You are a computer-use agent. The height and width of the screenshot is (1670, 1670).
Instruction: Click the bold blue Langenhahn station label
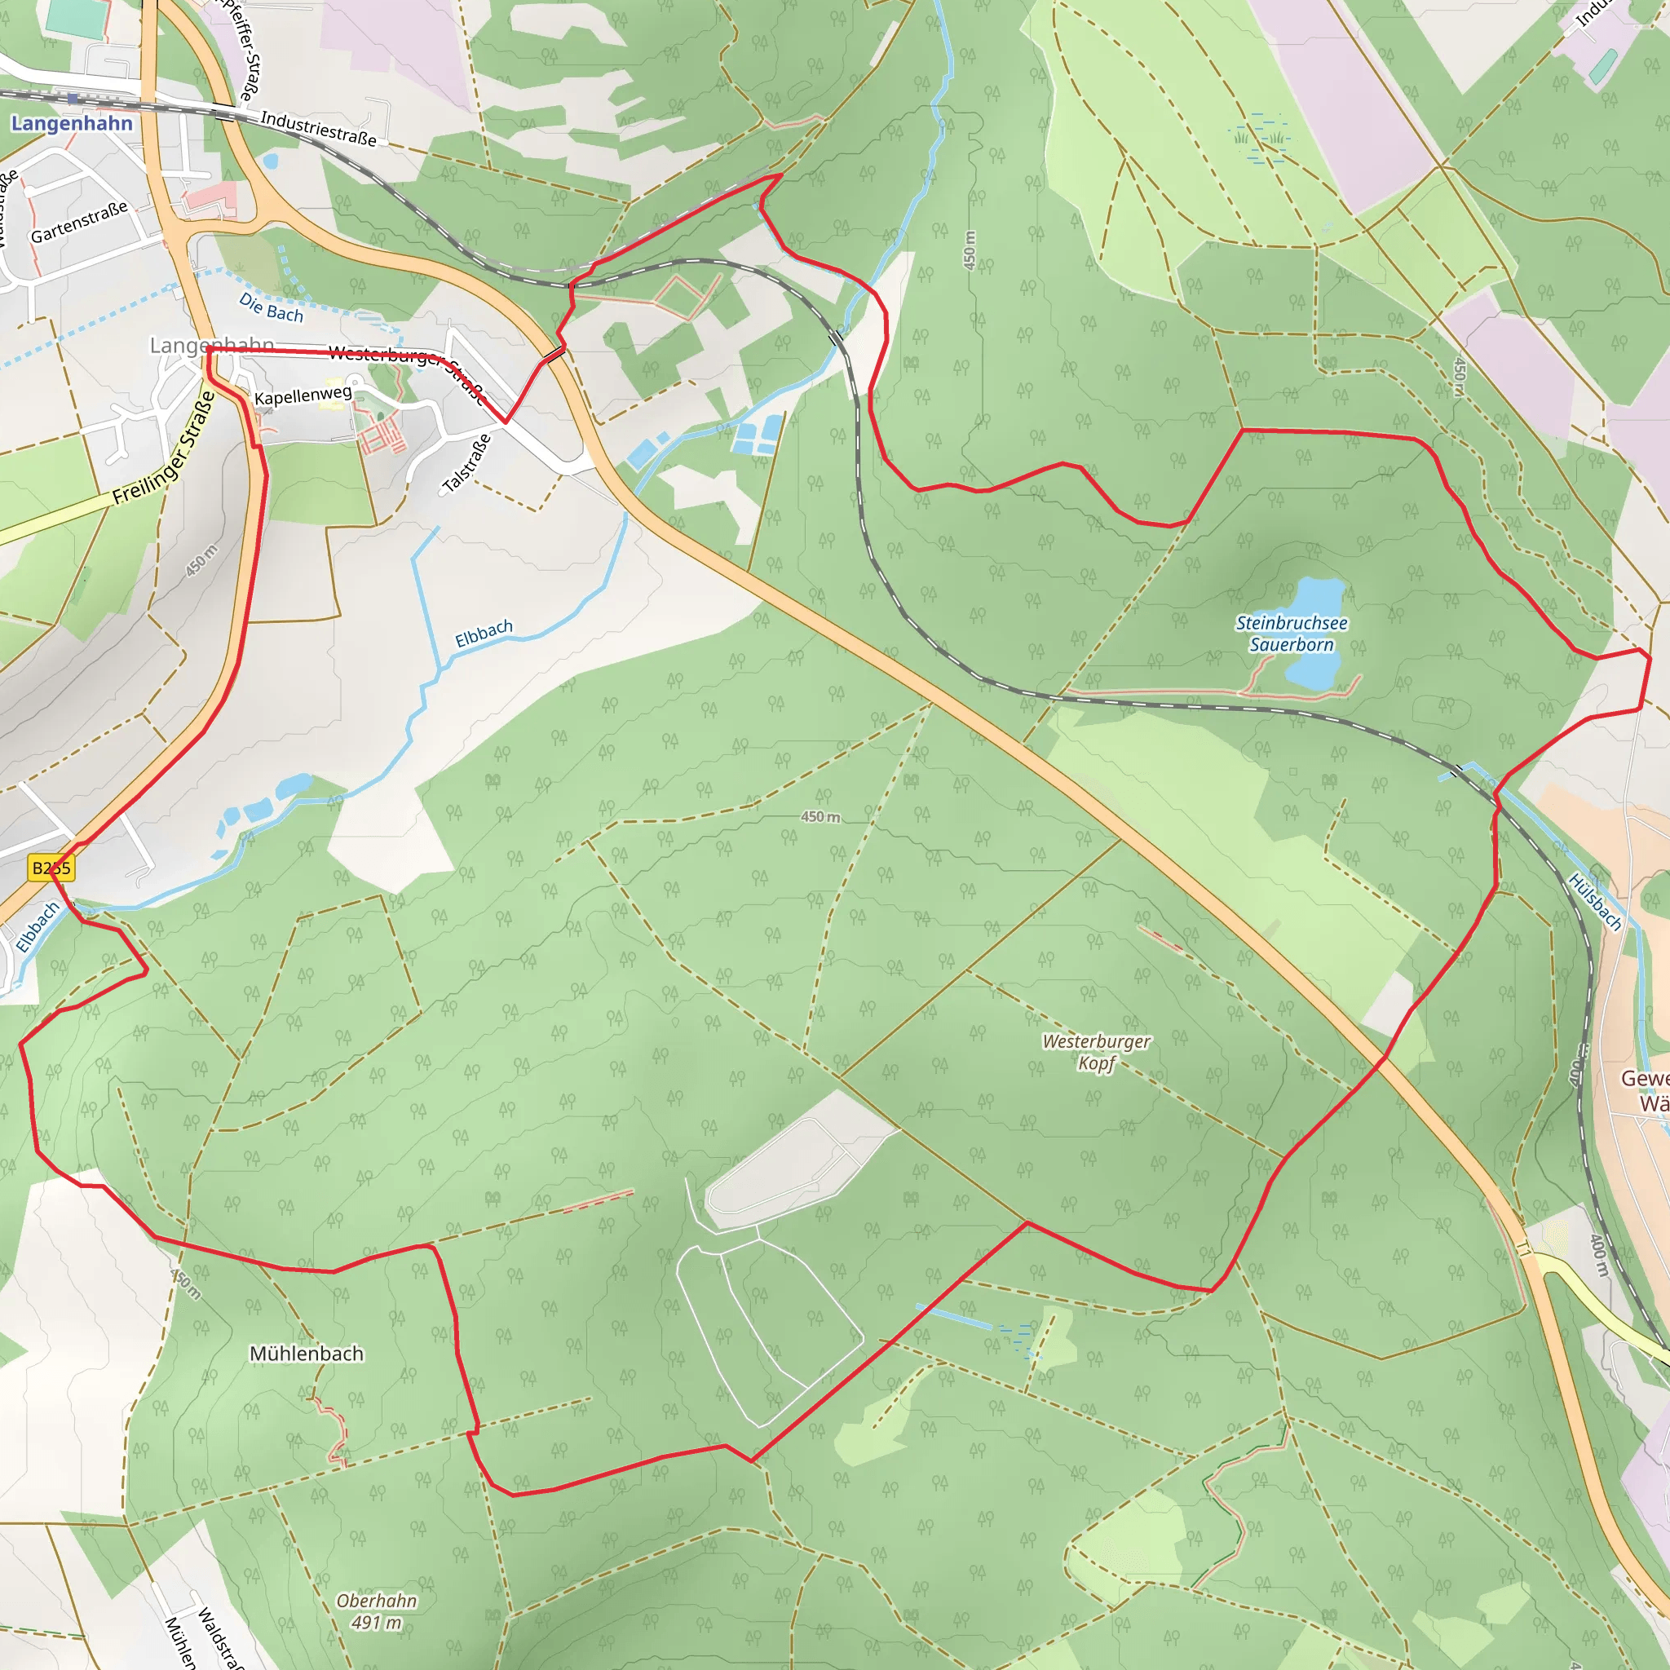[x=72, y=124]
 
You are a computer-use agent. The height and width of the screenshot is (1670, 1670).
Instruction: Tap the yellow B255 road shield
[x=51, y=868]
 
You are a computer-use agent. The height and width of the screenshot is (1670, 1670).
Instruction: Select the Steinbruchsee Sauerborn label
[x=1292, y=634]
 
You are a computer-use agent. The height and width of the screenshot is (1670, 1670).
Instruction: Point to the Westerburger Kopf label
[x=1096, y=1052]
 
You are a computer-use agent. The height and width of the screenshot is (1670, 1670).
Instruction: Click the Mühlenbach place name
[x=306, y=1354]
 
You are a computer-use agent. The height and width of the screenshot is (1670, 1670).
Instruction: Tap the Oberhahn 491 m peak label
[x=377, y=1611]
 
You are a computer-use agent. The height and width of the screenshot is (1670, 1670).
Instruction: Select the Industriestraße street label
[x=318, y=129]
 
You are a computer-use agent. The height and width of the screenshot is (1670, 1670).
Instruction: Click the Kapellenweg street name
[x=303, y=395]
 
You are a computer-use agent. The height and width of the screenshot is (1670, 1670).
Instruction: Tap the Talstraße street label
[x=466, y=464]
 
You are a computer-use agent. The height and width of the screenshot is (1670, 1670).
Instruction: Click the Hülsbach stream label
[x=1595, y=902]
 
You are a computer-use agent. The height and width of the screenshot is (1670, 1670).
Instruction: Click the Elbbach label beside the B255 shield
[x=38, y=927]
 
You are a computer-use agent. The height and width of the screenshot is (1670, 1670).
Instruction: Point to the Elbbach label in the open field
[x=484, y=633]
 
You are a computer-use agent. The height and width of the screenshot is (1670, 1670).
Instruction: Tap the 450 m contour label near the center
[x=820, y=817]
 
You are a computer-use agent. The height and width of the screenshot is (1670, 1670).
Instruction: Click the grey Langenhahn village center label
[x=212, y=345]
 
